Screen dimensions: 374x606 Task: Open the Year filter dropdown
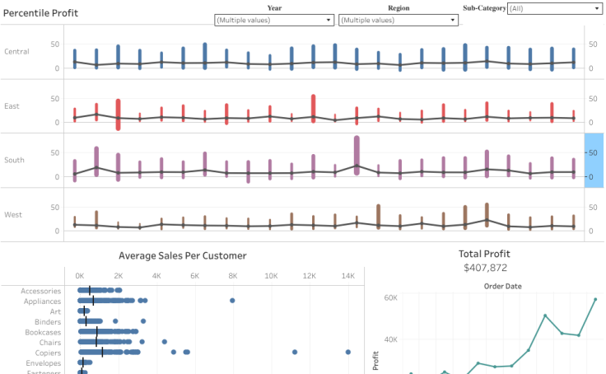274,20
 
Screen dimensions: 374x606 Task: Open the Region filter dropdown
399,20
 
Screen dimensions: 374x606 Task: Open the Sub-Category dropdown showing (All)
554,8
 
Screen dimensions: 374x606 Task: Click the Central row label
16,52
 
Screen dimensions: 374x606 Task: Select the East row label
12,106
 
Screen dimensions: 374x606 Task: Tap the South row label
14,160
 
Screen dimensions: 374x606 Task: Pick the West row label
13,215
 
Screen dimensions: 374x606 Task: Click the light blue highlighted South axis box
594,160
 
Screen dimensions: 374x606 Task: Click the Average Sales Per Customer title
182,256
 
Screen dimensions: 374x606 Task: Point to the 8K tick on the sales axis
233,276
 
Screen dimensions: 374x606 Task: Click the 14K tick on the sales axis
348,276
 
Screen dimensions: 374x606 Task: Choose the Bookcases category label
40,331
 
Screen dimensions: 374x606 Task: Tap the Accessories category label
40,291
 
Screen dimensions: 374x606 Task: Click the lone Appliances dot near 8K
232,301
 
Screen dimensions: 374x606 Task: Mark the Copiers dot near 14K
348,352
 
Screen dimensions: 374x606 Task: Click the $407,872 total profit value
485,268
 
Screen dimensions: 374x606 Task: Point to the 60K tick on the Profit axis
389,297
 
